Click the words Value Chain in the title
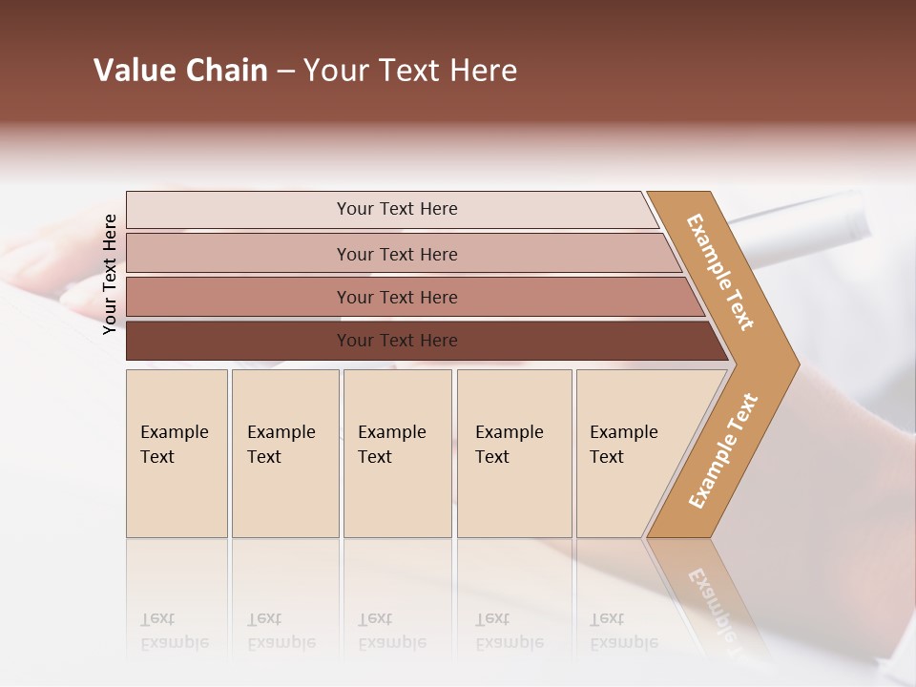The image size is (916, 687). (x=180, y=71)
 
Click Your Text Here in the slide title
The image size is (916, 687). (x=410, y=71)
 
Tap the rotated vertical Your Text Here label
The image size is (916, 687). (x=110, y=274)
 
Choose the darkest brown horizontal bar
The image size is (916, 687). (x=239, y=341)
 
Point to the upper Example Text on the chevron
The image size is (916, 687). (x=721, y=271)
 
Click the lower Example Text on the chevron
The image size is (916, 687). (x=722, y=450)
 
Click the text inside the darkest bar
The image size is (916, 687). (x=397, y=341)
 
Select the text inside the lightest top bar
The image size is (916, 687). (x=397, y=209)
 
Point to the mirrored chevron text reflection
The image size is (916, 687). (x=711, y=611)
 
